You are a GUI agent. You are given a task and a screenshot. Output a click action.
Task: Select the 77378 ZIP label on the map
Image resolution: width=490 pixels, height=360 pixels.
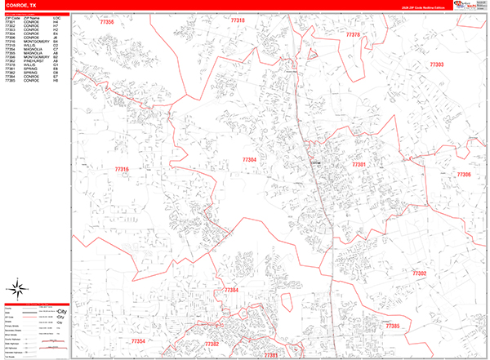click(353, 35)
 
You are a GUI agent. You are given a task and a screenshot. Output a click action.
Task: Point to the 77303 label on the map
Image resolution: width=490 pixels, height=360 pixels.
click(437, 64)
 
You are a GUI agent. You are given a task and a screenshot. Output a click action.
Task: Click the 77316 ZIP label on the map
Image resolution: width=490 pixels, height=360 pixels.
click(122, 169)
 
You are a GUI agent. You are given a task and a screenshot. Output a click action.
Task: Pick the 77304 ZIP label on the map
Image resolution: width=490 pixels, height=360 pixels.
click(249, 160)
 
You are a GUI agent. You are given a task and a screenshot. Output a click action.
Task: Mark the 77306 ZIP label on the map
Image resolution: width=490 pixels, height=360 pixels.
click(464, 175)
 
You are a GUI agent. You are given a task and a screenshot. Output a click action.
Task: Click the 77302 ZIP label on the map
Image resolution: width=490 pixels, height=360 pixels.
click(419, 273)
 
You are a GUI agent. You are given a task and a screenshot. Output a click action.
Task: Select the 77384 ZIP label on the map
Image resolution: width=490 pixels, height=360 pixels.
click(231, 290)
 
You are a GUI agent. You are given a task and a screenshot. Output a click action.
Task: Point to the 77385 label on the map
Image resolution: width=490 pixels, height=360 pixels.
click(392, 326)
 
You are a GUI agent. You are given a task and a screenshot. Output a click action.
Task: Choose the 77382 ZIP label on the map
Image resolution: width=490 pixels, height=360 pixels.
click(212, 344)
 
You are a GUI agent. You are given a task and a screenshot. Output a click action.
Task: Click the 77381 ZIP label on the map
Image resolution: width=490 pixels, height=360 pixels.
click(271, 354)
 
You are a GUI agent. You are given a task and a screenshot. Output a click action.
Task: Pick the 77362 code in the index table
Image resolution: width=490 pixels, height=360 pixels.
click(10, 60)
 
